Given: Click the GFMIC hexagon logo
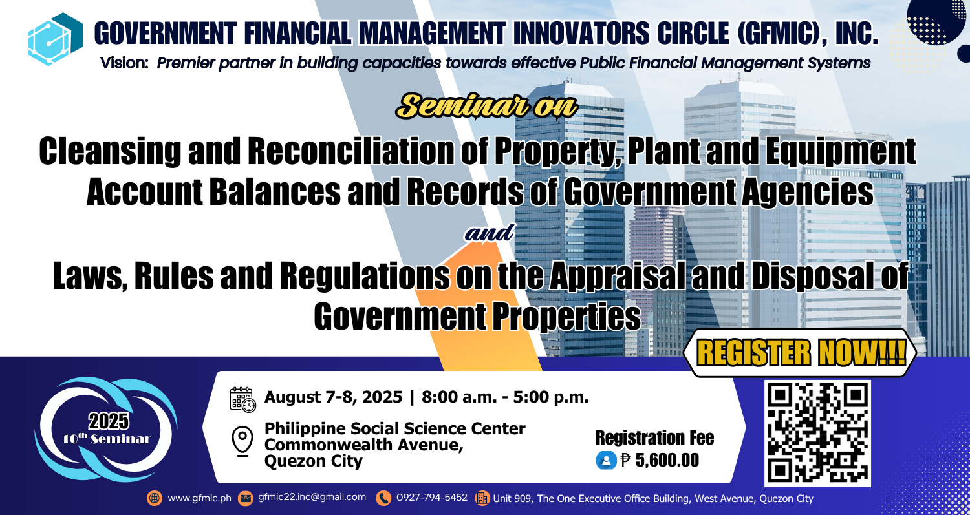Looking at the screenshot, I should point(55,39).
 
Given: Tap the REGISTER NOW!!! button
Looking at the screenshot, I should point(801,353).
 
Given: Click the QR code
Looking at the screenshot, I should point(817,432).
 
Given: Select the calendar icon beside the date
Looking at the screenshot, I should point(242,399).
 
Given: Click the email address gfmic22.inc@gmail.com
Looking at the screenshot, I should point(312,498).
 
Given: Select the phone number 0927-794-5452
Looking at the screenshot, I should point(431,498).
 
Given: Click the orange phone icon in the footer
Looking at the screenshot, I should point(384,498).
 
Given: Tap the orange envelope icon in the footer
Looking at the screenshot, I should point(246,498).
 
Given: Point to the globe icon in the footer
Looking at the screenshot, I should point(155,498).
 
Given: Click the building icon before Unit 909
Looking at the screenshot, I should point(482,498).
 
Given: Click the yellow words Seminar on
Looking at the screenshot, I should point(486,106).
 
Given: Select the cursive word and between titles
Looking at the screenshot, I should point(490,234).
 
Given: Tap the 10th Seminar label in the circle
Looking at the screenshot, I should point(107,438).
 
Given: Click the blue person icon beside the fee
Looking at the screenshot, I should point(606,461).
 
